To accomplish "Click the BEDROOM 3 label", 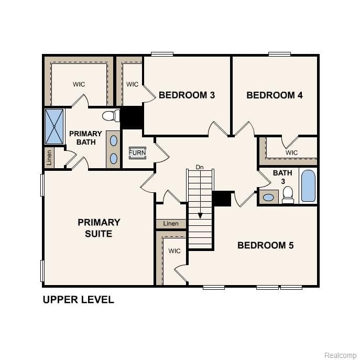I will point(187,95).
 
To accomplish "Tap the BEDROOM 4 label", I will point(274,95).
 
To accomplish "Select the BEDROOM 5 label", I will point(265,245).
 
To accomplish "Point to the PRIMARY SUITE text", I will point(99,228).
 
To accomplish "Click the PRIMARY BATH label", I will point(85,138).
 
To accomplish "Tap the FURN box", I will point(137,153).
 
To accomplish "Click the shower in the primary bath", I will point(54,126).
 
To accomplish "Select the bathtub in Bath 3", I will point(308,186).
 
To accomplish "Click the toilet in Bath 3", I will point(288,194).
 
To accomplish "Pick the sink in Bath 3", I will point(268,198).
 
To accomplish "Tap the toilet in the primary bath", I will point(110,116).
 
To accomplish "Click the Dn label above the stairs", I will point(200,167).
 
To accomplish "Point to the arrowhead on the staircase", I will point(200,215).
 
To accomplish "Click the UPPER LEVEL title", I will point(78,300).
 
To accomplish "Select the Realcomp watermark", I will point(340,355).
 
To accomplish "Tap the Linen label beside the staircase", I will point(171,224).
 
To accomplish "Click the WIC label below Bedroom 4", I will point(291,152).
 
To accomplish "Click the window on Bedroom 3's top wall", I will point(162,54).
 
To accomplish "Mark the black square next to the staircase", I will point(222,199).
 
